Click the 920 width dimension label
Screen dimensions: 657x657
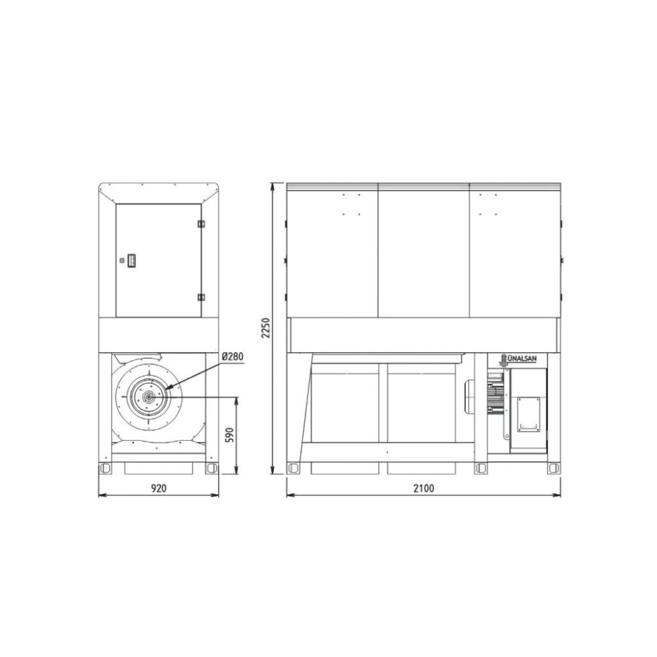point(159,488)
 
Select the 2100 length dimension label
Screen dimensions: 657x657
point(424,488)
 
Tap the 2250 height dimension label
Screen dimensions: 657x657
point(265,328)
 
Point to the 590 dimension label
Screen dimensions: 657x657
point(230,435)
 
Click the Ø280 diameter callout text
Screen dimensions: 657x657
point(233,357)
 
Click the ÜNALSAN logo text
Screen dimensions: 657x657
point(522,359)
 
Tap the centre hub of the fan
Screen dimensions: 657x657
point(148,396)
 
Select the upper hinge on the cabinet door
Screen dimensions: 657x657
point(201,224)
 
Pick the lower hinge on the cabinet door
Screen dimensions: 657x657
point(201,297)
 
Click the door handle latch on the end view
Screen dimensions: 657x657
point(131,260)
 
